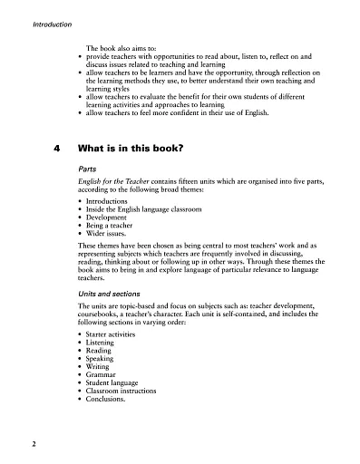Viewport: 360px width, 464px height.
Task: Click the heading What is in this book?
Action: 132,150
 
